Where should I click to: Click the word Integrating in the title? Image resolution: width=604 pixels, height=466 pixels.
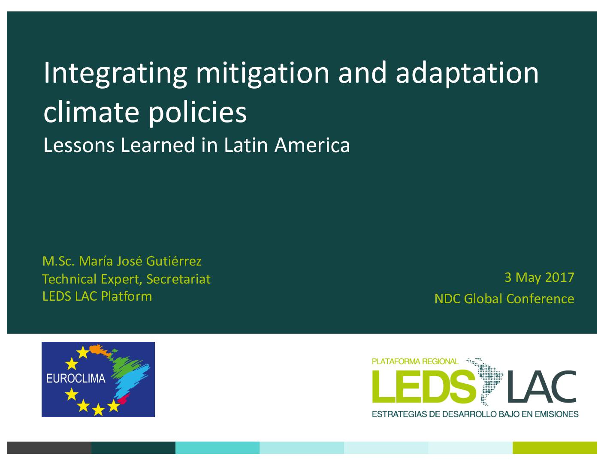pos(115,74)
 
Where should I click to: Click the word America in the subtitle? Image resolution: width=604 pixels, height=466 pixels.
pos(312,145)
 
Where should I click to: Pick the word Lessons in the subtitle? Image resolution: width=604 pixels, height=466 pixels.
pos(79,145)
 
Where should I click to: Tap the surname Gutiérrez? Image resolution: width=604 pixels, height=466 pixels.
pos(173,261)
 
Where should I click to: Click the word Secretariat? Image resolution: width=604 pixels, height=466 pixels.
pos(178,279)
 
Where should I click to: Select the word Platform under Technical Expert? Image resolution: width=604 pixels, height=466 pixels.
pos(127,296)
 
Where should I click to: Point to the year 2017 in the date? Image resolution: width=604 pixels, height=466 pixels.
pos(559,278)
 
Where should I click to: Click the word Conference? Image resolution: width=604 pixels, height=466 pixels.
pos(540,299)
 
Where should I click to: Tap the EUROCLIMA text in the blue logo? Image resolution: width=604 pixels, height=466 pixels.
pos(75,379)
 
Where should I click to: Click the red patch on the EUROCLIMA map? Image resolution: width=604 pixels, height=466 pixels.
pos(124,399)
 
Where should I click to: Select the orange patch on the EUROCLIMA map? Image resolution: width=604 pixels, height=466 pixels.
pos(99,349)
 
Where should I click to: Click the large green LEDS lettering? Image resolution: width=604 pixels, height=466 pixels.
pos(424,387)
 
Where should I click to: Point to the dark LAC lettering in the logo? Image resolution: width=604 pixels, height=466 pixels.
pos(542,387)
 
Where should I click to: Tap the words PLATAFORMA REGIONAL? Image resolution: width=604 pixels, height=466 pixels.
pos(415,361)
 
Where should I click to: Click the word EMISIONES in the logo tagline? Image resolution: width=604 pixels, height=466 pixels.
pos(556,414)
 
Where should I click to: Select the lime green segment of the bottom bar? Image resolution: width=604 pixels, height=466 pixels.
pos(555,448)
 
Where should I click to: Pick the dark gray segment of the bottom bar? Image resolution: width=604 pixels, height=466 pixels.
pos(49,448)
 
